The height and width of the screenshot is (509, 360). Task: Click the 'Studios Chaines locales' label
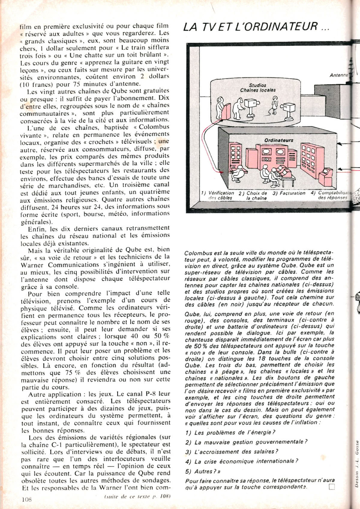point(258,88)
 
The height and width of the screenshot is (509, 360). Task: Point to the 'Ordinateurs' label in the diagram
point(279,140)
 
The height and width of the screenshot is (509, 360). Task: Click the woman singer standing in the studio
point(274,106)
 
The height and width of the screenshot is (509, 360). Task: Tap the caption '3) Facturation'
point(289,193)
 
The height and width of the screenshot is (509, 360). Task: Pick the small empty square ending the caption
point(331,487)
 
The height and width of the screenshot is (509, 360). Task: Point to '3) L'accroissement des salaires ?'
point(232,452)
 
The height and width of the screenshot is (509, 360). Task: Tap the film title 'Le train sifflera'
point(145,47)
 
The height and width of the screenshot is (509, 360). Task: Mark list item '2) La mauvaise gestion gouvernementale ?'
point(246,442)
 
